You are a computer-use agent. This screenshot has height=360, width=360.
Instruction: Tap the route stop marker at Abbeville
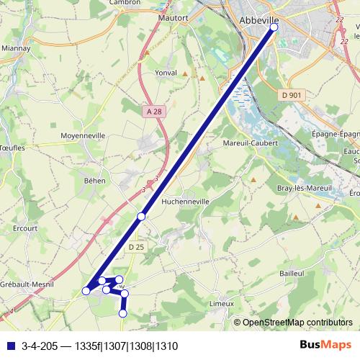click(273, 27)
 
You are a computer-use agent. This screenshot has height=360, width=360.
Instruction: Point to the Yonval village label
click(166, 73)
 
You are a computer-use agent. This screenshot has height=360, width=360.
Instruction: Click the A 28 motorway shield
click(153, 111)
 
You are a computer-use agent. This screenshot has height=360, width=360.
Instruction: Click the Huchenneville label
click(186, 202)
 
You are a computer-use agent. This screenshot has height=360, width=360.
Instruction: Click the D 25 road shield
click(137, 247)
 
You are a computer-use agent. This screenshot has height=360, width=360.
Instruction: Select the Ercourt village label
click(24, 229)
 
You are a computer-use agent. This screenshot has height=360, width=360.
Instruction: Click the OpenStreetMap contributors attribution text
click(298, 323)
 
